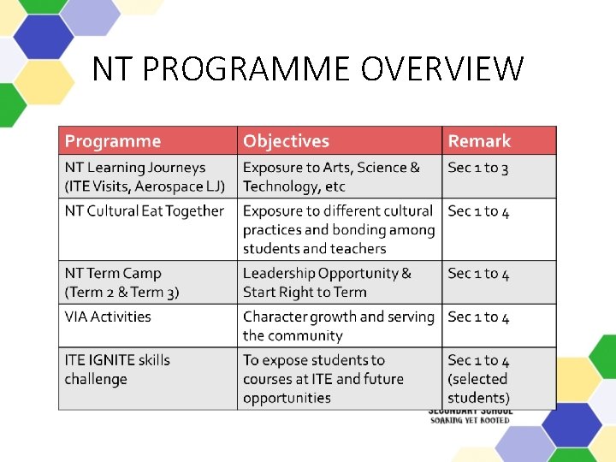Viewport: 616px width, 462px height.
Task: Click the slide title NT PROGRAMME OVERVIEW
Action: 307,69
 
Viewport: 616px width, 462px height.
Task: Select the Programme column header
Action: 113,141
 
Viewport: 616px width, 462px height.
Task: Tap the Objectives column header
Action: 286,141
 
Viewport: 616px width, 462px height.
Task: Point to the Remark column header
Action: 479,141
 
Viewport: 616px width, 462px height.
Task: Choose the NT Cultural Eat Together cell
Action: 145,211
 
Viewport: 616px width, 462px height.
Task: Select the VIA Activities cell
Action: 108,317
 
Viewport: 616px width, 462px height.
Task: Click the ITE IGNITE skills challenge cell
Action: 117,370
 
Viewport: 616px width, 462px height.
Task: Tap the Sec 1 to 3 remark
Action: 478,168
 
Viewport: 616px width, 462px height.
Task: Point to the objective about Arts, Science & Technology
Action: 331,177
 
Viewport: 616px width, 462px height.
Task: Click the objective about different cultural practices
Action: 339,229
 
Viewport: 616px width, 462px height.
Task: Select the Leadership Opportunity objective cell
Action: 327,282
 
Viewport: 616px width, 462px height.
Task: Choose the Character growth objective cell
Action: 339,326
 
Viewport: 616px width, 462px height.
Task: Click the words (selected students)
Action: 478,388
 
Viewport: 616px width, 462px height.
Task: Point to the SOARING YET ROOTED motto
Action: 470,420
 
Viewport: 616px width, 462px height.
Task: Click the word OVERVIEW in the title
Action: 442,69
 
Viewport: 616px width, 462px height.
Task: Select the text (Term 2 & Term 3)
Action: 122,293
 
